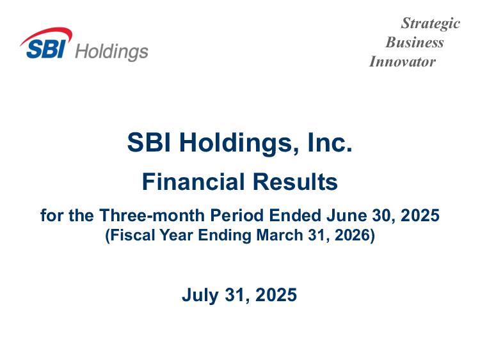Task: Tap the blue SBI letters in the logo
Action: click(46, 49)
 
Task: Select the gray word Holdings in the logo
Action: click(112, 52)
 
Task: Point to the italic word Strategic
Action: click(431, 23)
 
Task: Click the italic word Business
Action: click(415, 42)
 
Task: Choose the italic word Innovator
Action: click(403, 61)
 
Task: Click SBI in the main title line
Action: click(148, 142)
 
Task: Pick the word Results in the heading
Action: click(295, 182)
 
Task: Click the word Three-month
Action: click(152, 215)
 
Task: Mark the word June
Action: click(346, 215)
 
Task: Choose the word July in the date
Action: click(200, 295)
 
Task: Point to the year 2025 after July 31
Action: click(276, 295)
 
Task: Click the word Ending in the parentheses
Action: click(225, 236)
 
